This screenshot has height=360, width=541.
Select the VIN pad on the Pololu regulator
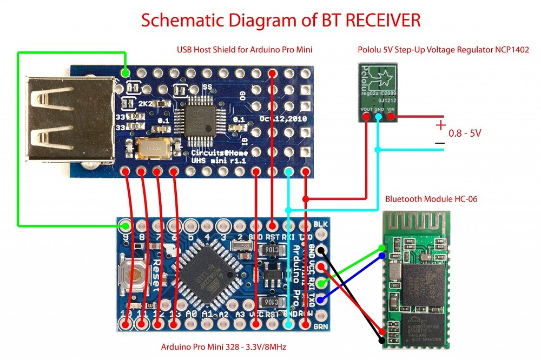point(390,116)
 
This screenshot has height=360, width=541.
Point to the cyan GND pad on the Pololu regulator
point(379,116)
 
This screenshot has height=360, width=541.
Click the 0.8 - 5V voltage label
point(465,132)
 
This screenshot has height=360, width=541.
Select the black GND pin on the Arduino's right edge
point(321,250)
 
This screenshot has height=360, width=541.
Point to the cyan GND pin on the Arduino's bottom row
point(289,324)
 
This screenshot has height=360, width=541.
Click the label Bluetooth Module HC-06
point(431,199)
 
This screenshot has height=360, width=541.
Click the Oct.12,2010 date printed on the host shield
point(283,118)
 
